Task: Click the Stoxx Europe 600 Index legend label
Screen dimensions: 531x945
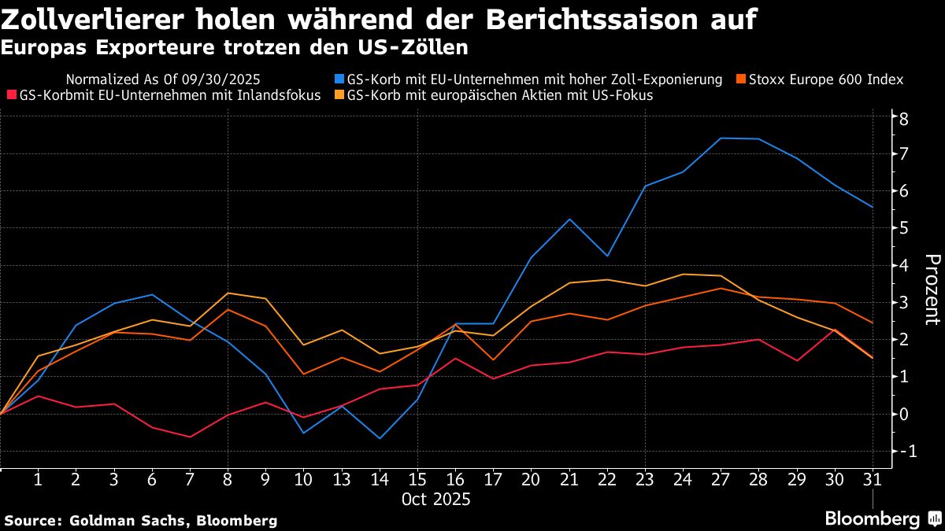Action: tap(826, 79)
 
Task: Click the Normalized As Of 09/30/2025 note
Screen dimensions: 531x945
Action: tap(163, 79)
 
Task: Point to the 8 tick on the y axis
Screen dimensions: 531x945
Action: tap(905, 119)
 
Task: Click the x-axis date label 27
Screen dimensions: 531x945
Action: tap(720, 479)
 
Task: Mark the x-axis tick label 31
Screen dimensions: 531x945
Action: tap(871, 479)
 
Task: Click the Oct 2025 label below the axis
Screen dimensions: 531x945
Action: tap(435, 500)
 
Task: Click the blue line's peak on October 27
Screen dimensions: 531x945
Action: tap(721, 138)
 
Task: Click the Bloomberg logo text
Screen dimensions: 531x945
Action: tap(872, 519)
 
